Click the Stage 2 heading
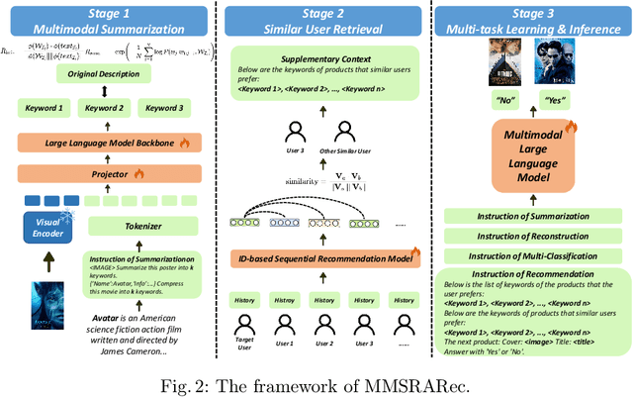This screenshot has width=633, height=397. tap(319, 13)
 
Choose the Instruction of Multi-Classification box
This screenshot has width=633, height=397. tap(529, 256)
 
